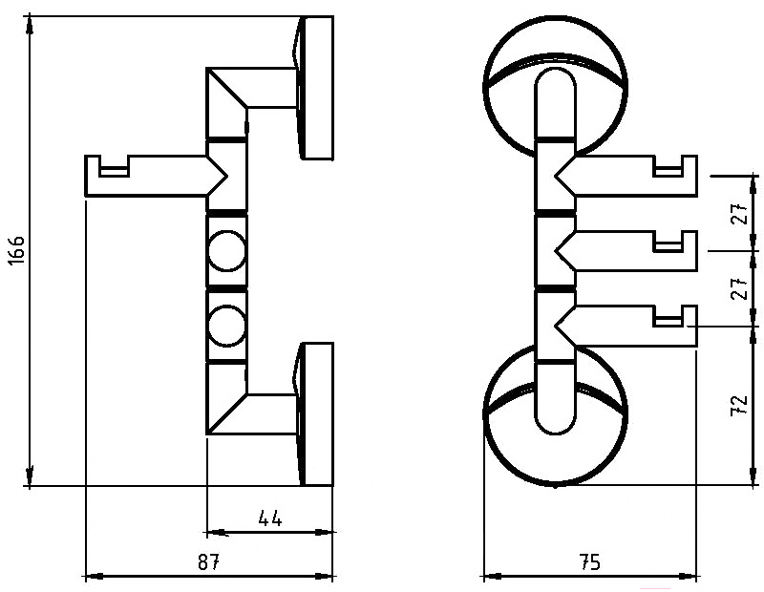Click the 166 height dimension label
pyautogui.click(x=16, y=250)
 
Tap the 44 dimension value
pyautogui.click(x=269, y=518)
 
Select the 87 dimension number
pyautogui.click(x=209, y=561)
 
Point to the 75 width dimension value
pyautogui.click(x=589, y=561)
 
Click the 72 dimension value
pyautogui.click(x=739, y=405)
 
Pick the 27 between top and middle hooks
pyautogui.click(x=739, y=213)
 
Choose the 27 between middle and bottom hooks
pyautogui.click(x=739, y=288)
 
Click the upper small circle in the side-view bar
pyautogui.click(x=226, y=251)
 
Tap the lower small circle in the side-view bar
pyautogui.click(x=226, y=326)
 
